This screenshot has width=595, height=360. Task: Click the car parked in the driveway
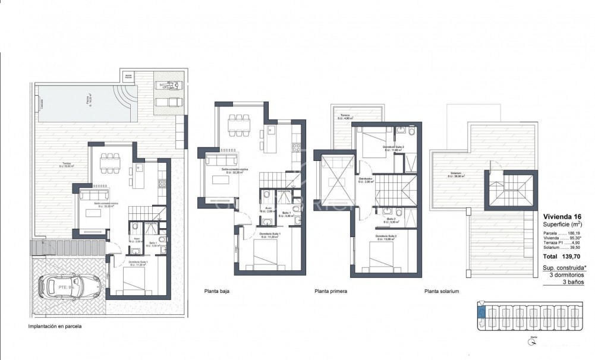click(64, 286)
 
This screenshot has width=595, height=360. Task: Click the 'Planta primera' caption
click(330, 292)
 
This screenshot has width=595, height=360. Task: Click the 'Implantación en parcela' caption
click(55, 326)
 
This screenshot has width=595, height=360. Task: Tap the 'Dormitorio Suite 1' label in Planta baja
click(270, 234)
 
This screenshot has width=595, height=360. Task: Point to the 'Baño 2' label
click(391, 219)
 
